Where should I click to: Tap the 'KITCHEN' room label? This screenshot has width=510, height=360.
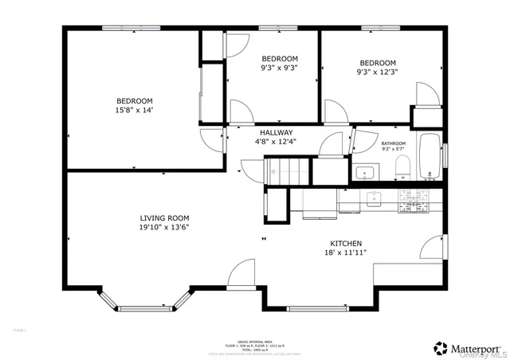point(347,243)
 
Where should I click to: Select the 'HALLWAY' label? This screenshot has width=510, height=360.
point(276,132)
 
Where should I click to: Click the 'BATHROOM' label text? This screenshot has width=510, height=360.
point(393,143)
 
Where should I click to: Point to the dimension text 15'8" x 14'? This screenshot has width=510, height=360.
point(134,110)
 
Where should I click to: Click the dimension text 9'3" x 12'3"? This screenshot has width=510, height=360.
point(377,72)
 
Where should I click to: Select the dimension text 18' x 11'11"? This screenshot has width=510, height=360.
point(347,252)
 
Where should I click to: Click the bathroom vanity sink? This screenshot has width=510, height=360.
point(367,172)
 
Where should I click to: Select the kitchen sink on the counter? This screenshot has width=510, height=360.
point(372,198)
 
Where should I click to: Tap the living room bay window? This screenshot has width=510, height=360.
point(145,303)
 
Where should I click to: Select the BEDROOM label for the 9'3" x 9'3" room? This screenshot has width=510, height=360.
point(280,59)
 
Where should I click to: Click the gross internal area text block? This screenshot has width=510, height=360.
point(254,347)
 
